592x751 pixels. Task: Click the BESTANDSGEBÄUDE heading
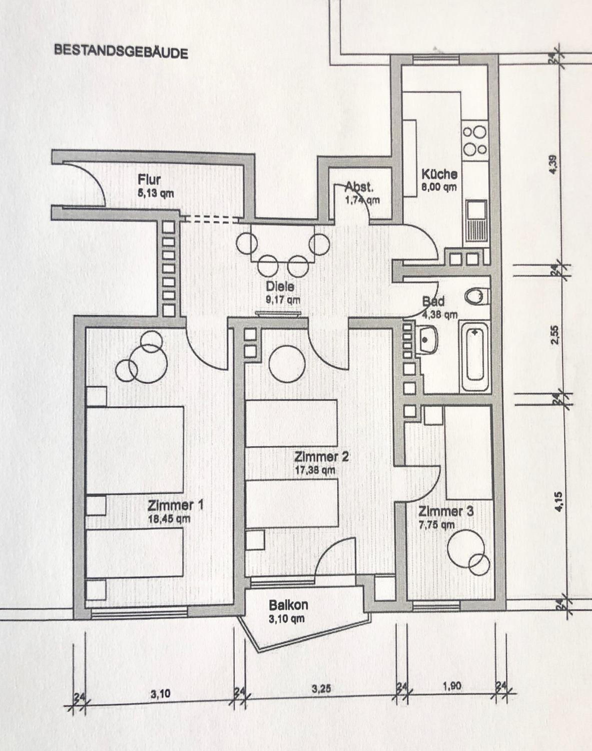coord(121,52)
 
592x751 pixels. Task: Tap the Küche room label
coord(439,174)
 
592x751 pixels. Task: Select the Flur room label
coord(149,179)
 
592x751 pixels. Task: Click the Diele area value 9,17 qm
coord(283,300)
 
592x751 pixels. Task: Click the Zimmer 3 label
coord(446,512)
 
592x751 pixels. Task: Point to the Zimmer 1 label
coord(175,505)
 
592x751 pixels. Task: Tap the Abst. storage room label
coord(359,187)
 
